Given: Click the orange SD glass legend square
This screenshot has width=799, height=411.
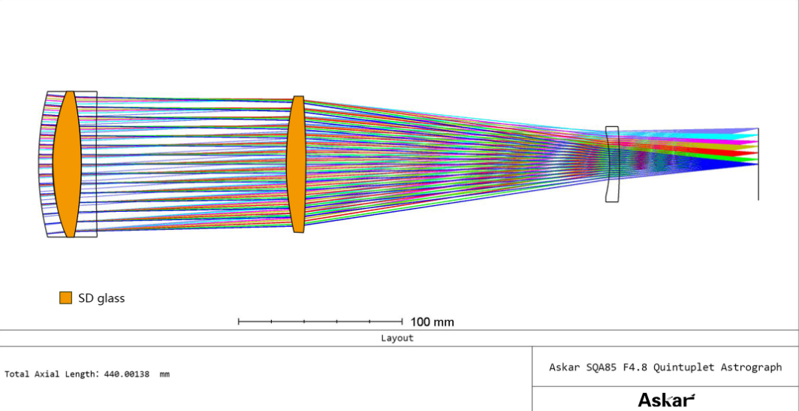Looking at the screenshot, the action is click(66, 298).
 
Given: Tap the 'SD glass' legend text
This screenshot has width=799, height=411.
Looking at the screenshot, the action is click(101, 298).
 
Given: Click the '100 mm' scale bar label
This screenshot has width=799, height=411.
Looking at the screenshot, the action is click(432, 322).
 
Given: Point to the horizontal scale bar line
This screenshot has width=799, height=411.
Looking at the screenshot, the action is click(321, 322).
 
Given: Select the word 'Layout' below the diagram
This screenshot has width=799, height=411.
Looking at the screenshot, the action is click(397, 338).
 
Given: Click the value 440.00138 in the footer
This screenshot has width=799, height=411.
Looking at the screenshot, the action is click(127, 373).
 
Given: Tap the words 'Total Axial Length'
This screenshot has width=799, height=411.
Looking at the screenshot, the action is click(52, 373).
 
